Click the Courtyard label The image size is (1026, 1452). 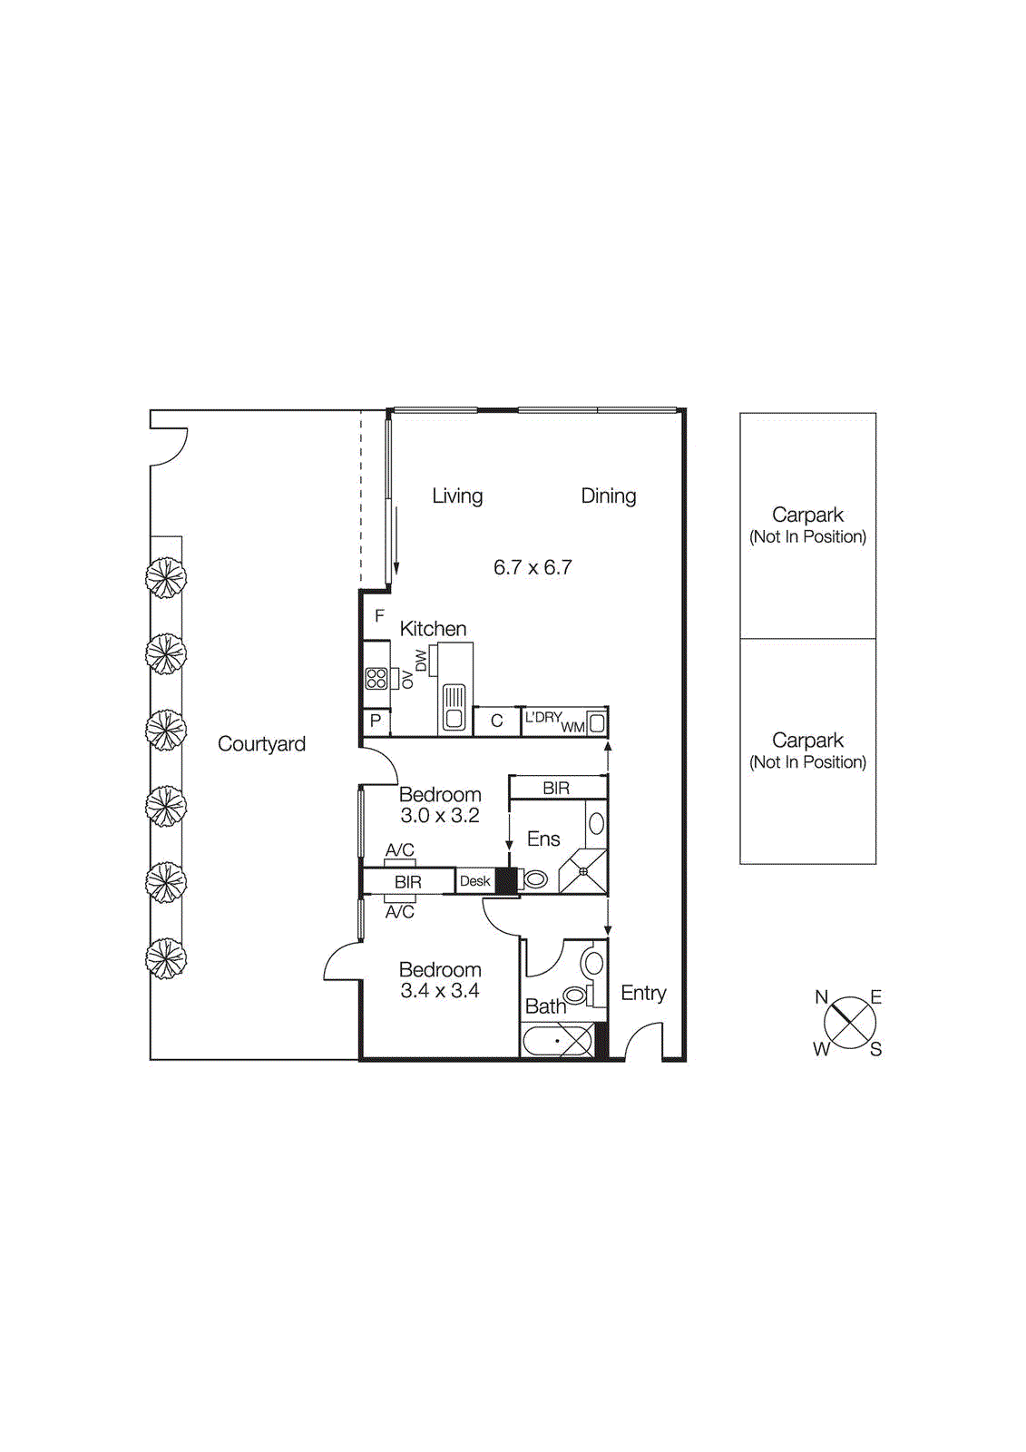pos(261,744)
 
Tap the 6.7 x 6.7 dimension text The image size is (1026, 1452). pos(533,567)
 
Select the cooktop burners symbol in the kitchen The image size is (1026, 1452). pos(376,678)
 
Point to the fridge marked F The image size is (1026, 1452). pos(379,615)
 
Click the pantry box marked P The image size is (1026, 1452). pos(376,721)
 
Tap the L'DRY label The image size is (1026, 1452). pos(542,717)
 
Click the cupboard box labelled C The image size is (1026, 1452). pos(496,721)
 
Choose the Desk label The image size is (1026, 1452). pos(474,881)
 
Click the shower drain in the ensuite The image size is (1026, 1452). pos(583,871)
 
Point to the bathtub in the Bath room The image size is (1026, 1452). pos(558,1040)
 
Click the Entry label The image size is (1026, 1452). pos(643,993)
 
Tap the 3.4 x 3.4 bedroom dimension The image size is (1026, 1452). pos(440,991)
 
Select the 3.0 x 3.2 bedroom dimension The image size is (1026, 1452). pos(440,816)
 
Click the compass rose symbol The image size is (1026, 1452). pos(850,1023)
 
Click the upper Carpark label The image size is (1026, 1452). pos(807,515)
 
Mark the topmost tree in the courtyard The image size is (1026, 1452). pos(166,577)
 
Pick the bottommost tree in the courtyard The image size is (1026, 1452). pos(166,958)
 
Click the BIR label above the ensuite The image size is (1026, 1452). pos(556,788)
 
